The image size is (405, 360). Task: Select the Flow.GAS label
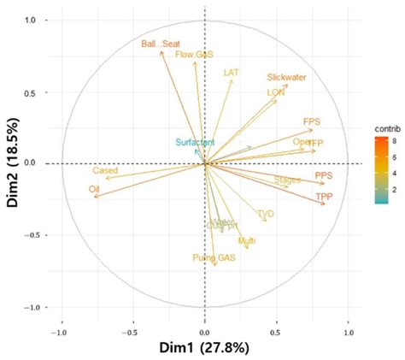(x=194, y=55)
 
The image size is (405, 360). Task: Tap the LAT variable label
(x=231, y=73)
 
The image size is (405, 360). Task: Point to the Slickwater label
(x=286, y=78)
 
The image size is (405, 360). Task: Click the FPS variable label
(x=312, y=122)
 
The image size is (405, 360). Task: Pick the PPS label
(x=324, y=176)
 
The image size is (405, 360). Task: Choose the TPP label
(x=324, y=197)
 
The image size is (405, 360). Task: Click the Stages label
(x=288, y=180)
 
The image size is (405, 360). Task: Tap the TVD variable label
(x=266, y=214)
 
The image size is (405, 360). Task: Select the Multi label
(x=247, y=242)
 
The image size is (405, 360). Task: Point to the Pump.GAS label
(x=214, y=257)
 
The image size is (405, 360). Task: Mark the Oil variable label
(x=95, y=189)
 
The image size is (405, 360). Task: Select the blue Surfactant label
(x=195, y=142)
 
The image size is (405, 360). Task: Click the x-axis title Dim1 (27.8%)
(x=204, y=348)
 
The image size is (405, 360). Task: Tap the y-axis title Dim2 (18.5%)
(x=15, y=163)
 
